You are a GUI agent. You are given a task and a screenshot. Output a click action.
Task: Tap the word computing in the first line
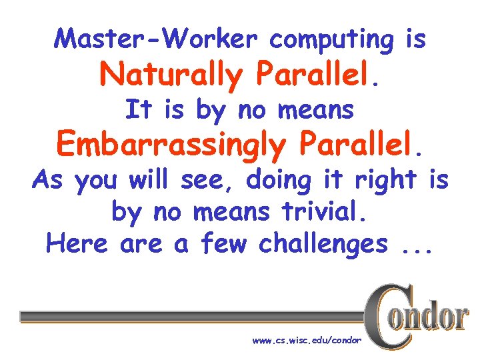coord(332,41)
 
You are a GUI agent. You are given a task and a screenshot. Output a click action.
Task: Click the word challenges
coord(323,245)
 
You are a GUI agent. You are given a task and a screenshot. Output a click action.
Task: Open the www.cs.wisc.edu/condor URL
coord(307,341)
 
